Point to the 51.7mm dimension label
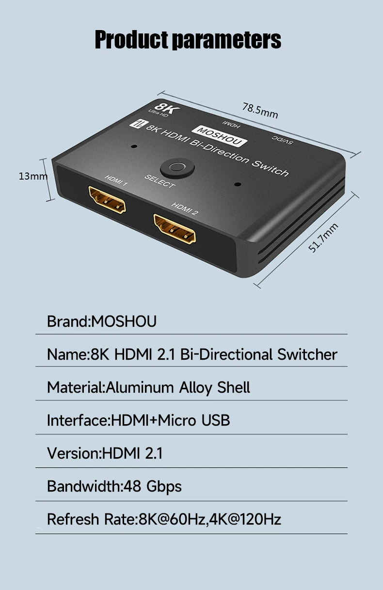tap(323, 238)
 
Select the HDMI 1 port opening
tap(107, 201)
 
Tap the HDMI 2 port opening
tap(175, 229)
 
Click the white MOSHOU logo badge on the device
tap(220, 135)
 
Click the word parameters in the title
tap(227, 39)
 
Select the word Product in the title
tap(132, 39)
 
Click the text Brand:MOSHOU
tap(102, 321)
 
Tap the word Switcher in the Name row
tap(307, 354)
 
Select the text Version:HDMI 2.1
tap(105, 453)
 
